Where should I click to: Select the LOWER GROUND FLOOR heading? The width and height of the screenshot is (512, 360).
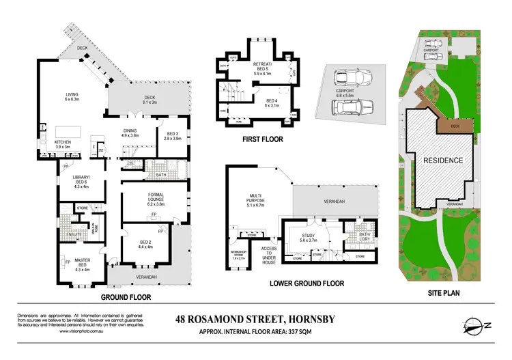pos(307,283)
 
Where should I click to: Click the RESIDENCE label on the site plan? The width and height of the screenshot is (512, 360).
pos(444,161)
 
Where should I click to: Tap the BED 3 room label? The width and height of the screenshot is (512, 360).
pos(172,135)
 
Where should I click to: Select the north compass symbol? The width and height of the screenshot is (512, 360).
pos(472,325)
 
